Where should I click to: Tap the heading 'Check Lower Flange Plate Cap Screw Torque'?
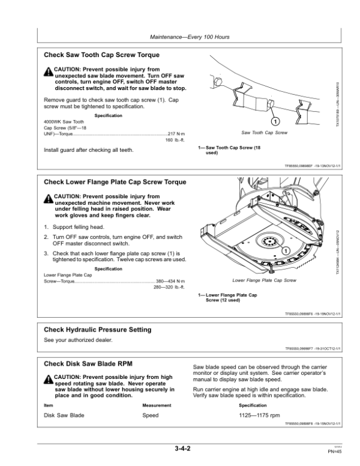(x=115, y=181)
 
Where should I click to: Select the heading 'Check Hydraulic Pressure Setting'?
(x=98, y=330)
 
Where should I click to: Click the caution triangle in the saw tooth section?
(x=48, y=71)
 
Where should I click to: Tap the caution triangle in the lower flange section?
(x=48, y=199)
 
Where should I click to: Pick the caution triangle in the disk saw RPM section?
(x=48, y=380)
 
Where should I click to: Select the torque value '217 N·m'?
(x=176, y=133)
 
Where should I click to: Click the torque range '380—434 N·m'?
(x=170, y=281)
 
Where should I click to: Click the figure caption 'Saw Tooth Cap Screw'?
(x=263, y=132)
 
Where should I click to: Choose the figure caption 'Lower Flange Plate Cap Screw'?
(x=264, y=280)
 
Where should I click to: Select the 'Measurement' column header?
(x=157, y=405)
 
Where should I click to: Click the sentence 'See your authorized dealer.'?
(x=79, y=340)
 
